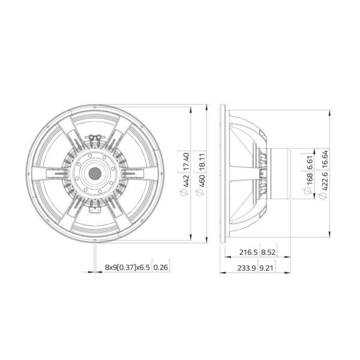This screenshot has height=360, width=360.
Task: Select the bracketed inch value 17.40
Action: (x=186, y=161)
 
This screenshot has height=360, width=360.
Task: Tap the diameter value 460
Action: (x=202, y=181)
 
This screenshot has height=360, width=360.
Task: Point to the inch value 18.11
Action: (x=202, y=161)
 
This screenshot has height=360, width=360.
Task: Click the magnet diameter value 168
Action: (x=309, y=179)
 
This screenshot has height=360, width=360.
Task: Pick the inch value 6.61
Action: (x=309, y=163)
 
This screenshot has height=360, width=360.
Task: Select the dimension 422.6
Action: (x=325, y=181)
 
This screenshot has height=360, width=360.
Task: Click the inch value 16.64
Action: (x=325, y=159)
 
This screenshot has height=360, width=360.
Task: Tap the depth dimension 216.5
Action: (x=248, y=253)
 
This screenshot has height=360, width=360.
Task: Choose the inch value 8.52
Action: (x=268, y=253)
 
